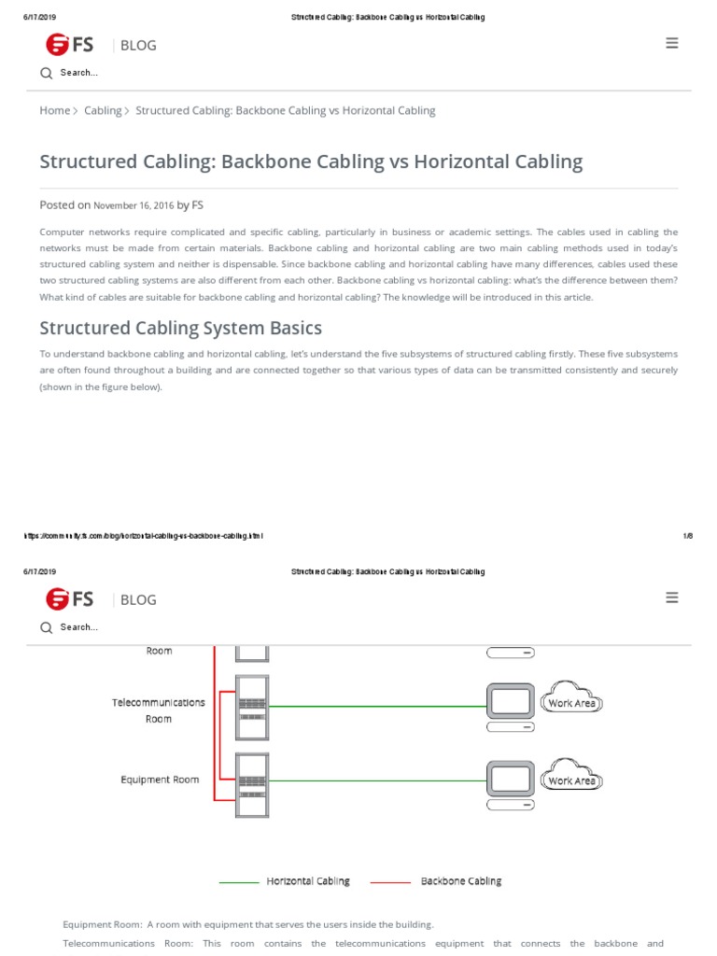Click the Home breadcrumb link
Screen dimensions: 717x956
pyautogui.click(x=54, y=110)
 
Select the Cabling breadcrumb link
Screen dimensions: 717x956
pyautogui.click(x=103, y=110)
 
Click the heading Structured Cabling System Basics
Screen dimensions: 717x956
pyautogui.click(x=180, y=328)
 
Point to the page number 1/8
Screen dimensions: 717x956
pyautogui.click(x=687, y=536)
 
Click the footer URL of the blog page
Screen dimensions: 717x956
pyautogui.click(x=143, y=536)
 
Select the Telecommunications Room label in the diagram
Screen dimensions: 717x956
pyautogui.click(x=159, y=710)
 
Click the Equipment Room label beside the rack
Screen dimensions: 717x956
pyautogui.click(x=160, y=780)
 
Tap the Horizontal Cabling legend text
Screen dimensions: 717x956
pyautogui.click(x=308, y=881)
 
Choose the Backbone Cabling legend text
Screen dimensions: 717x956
pyautogui.click(x=460, y=881)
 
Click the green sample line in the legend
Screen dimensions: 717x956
pyautogui.click(x=239, y=882)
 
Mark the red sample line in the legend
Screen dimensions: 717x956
pyautogui.click(x=390, y=882)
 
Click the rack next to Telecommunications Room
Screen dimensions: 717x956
pyautogui.click(x=252, y=706)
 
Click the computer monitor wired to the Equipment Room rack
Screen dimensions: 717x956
pyautogui.click(x=511, y=778)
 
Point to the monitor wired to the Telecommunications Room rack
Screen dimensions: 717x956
pyautogui.click(x=511, y=701)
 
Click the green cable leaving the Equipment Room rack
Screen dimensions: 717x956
pyautogui.click(x=373, y=780)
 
